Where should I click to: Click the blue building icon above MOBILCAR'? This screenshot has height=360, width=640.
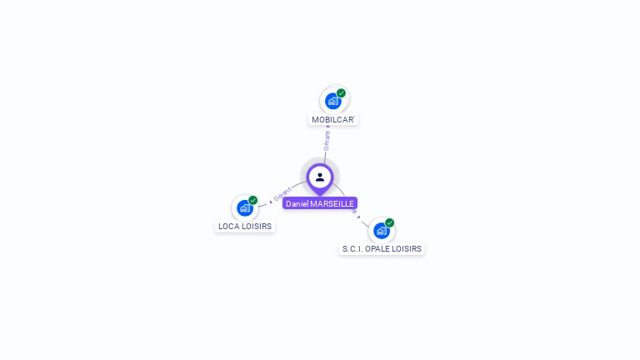333,102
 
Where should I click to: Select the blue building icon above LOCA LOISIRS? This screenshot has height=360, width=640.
244,207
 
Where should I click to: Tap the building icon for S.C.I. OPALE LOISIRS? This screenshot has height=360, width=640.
381,231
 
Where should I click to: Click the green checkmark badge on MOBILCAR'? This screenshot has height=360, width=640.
341,93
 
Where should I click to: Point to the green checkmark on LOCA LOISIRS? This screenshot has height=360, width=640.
252,200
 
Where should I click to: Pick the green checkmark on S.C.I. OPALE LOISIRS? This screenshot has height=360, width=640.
389,223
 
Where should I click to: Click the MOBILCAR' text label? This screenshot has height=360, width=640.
333,120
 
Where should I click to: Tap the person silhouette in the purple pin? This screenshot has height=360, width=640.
320,177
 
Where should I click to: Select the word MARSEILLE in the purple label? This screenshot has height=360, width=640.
333,203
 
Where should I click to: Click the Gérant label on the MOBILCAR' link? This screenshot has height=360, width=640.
327,140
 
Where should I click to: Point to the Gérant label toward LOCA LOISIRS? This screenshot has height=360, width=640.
282,194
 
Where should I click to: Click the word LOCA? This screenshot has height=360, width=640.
228,226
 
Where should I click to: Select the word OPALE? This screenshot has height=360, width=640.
378,249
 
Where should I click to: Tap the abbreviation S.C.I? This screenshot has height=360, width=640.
352,249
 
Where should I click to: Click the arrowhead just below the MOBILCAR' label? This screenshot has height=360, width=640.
327,127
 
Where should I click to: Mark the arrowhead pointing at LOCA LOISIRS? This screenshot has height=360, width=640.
271,201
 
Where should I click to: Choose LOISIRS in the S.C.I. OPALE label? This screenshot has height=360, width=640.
407,249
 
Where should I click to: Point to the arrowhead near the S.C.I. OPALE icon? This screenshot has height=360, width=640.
359,217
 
